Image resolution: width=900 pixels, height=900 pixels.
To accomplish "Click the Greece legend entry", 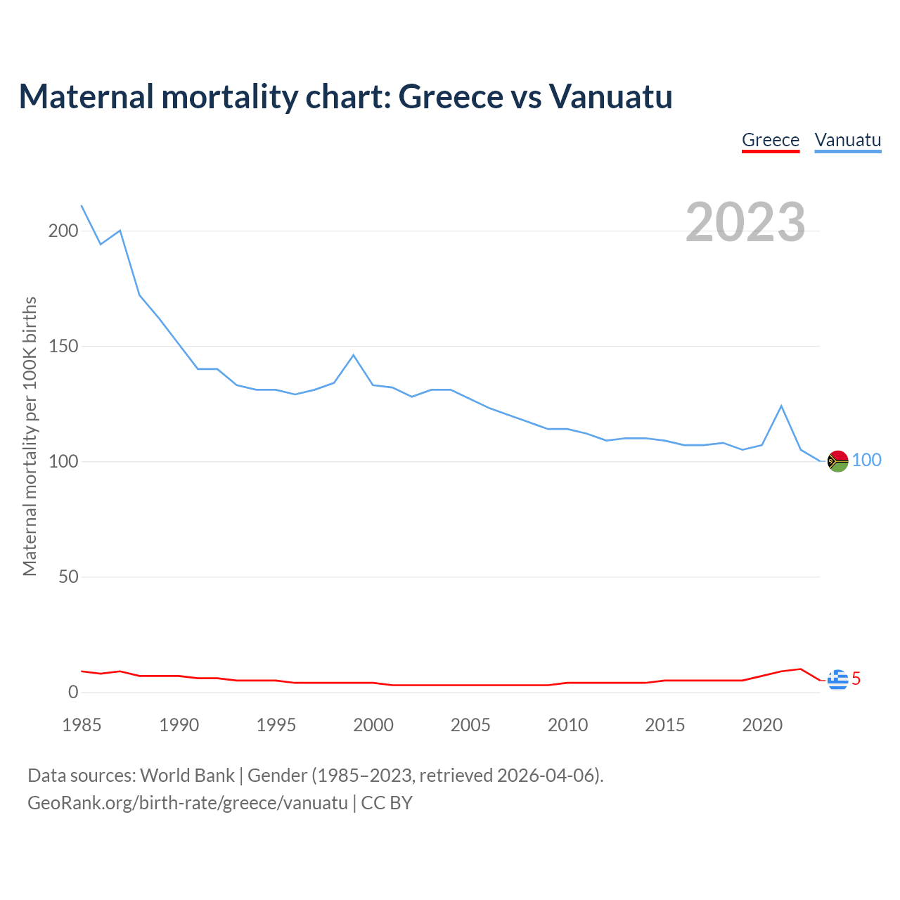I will click(x=771, y=140).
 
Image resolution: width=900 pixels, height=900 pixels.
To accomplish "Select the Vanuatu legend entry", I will click(x=847, y=140).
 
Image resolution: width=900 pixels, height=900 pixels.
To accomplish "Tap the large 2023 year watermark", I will click(x=745, y=222).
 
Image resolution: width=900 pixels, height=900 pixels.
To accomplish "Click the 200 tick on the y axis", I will click(x=63, y=231).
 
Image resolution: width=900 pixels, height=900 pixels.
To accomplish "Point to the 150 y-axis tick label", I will click(x=63, y=346).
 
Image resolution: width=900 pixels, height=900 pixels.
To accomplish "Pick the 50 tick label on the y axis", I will click(x=68, y=577).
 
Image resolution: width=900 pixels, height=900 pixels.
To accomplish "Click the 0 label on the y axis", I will click(x=73, y=692).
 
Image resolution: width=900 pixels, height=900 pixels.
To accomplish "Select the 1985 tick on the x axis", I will click(x=82, y=725).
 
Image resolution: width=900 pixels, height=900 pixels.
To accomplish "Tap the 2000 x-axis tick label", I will click(x=373, y=725).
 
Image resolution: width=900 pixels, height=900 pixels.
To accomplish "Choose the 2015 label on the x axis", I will click(x=664, y=725).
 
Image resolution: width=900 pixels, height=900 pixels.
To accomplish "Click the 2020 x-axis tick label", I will click(x=762, y=725).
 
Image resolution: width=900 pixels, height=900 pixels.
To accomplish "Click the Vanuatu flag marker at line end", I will click(x=837, y=461).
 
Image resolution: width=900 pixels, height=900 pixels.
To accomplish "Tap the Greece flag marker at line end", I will click(x=837, y=680).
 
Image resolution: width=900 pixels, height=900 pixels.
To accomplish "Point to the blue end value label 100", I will click(x=866, y=460).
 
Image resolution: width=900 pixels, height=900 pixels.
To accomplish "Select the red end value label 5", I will click(x=856, y=679).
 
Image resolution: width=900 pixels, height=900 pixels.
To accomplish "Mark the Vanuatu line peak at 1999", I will click(x=354, y=355).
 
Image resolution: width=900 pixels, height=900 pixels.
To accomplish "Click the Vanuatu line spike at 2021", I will click(x=781, y=406).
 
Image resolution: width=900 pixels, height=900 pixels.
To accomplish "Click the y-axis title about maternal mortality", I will click(x=30, y=436).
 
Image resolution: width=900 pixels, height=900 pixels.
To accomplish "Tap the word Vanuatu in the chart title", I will click(x=610, y=96).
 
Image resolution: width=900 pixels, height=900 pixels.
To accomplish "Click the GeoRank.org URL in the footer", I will click(x=188, y=803).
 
